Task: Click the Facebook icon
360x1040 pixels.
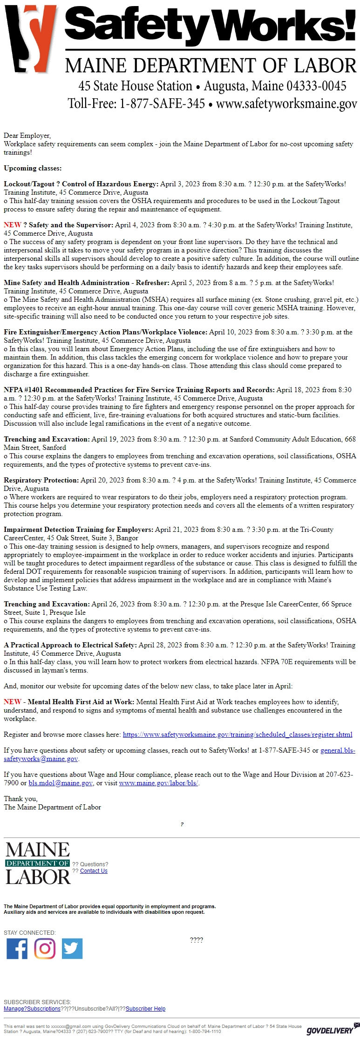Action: point(17,949)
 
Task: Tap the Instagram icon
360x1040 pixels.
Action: point(45,949)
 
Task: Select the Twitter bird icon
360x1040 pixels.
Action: point(72,949)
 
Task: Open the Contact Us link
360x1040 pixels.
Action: point(94,871)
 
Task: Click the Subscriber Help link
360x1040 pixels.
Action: point(145,1009)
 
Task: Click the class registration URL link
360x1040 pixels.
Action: point(238,734)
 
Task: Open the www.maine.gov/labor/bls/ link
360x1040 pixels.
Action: point(159,783)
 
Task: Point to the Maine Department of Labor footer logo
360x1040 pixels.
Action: point(38,863)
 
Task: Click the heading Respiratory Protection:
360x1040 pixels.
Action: point(41,480)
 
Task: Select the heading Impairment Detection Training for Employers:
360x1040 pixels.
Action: point(78,530)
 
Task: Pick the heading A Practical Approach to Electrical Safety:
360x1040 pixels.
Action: point(70,645)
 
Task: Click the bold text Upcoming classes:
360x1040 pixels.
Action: point(33,168)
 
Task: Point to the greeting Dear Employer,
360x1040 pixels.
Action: point(27,136)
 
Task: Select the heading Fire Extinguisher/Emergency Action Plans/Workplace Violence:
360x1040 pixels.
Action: point(106,332)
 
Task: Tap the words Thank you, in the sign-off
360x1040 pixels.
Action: point(21,799)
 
